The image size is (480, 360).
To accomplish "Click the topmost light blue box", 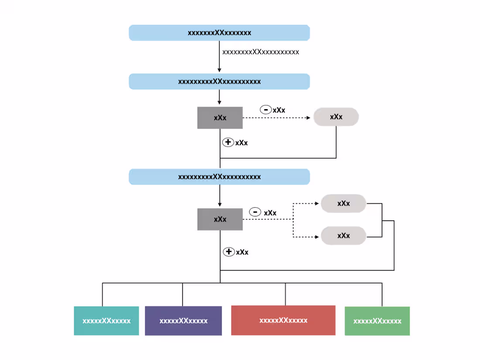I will tap(219, 33).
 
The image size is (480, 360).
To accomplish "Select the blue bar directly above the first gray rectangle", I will tap(219, 82).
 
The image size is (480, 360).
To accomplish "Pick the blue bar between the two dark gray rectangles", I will tap(219, 177).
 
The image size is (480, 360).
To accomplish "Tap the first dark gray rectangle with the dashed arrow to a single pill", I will tap(220, 118).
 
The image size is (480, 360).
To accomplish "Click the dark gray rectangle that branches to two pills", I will tap(220, 219).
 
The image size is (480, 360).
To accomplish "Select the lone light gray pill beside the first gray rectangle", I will tap(336, 117).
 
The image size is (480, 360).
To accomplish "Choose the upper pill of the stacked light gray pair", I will tap(343, 203).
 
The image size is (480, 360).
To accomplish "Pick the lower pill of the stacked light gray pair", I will tap(343, 236).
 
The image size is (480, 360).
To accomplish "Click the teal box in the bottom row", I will tap(106, 321).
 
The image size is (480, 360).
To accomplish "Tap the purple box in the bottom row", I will tap(183, 321).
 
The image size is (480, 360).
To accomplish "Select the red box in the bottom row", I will tap(283, 320).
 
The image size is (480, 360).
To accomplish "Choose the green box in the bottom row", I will tap(377, 321).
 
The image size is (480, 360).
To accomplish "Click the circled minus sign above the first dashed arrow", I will tap(265, 110).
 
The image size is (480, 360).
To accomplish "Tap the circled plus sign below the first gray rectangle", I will tap(228, 142).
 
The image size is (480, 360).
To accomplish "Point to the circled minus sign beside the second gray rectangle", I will tap(255, 212).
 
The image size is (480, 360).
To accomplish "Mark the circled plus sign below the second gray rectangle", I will tap(229, 252).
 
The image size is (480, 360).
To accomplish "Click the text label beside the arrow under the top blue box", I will tap(261, 52).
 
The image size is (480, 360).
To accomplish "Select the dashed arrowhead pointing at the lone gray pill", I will tap(310, 118).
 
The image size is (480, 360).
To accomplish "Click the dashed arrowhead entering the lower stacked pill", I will tap(318, 237).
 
